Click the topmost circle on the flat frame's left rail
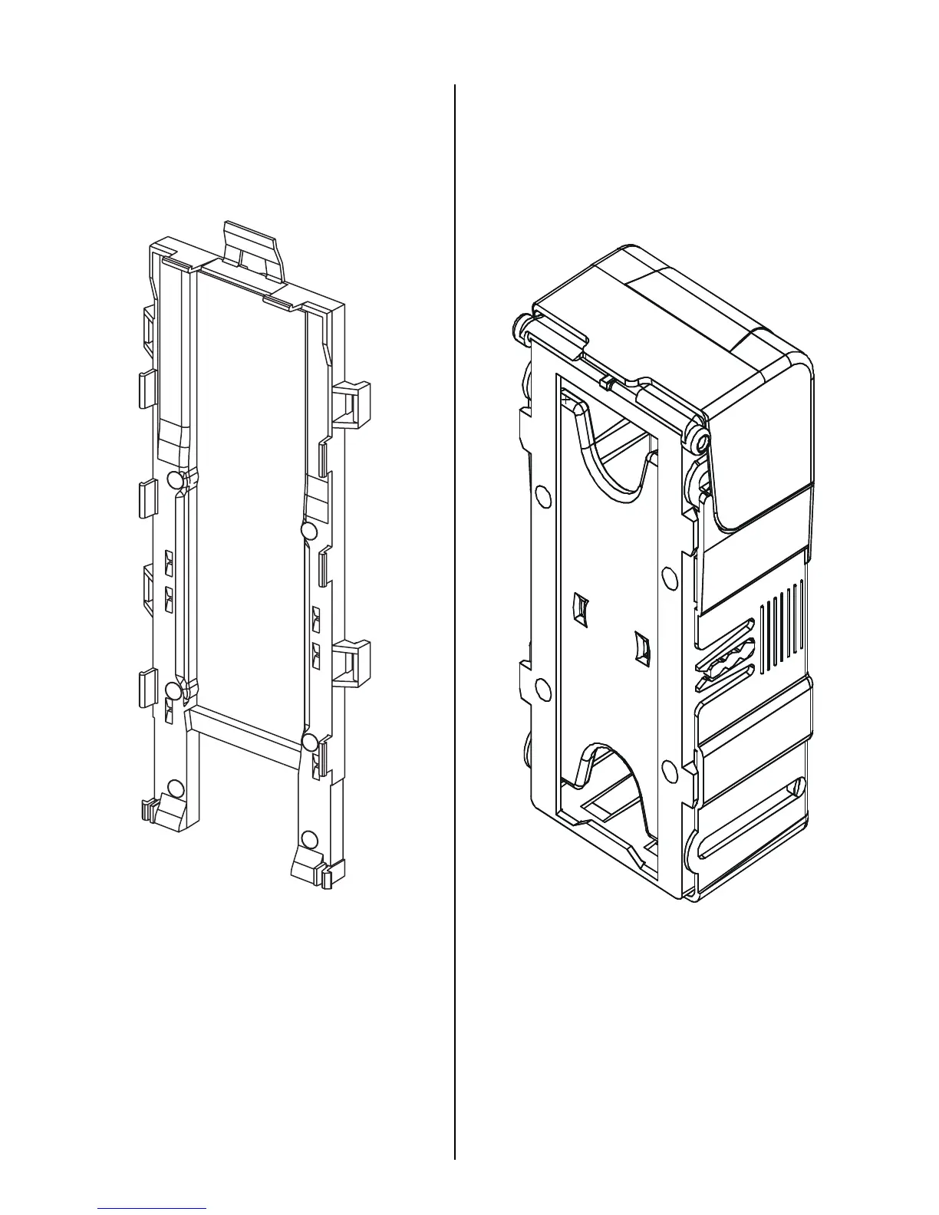click(175, 481)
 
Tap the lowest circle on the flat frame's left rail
click(176, 789)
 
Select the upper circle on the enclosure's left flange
click(542, 496)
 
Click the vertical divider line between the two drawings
click(456, 614)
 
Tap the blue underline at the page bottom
click(152, 1208)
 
